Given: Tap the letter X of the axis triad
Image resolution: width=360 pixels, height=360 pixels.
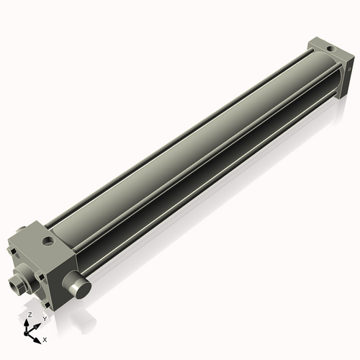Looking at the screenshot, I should click(45, 338).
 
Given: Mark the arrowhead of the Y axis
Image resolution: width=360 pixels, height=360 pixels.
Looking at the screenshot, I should click(38, 323).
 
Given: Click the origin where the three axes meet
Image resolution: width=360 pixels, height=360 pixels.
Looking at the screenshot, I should click(29, 332).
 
